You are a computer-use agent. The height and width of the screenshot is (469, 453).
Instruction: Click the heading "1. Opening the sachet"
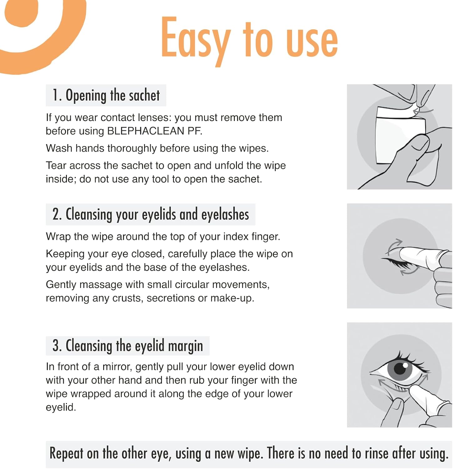106,95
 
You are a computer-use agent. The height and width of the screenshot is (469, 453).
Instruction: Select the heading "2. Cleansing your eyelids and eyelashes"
151,214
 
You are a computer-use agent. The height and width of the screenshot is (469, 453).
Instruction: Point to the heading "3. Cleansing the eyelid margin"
128,346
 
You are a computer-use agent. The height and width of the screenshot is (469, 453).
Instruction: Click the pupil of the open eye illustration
400,368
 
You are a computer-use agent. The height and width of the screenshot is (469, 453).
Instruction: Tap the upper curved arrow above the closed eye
394,245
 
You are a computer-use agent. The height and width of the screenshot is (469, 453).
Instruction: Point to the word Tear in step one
56,165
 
